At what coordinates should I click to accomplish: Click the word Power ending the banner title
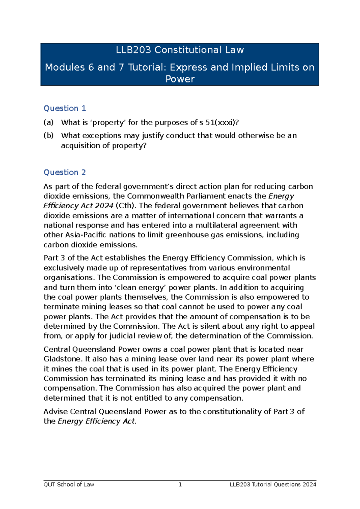tap(180, 79)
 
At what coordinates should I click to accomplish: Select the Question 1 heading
tap(65, 108)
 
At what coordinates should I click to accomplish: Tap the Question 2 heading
tap(65, 172)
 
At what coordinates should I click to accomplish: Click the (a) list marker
tap(49, 122)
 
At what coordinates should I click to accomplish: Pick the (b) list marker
tap(49, 135)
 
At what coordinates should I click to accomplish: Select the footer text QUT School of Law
tap(69, 484)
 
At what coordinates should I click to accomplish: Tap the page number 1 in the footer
tap(180, 484)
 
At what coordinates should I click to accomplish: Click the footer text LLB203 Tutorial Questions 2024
tap(273, 484)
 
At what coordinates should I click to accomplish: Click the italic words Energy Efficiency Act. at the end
tap(97, 421)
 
